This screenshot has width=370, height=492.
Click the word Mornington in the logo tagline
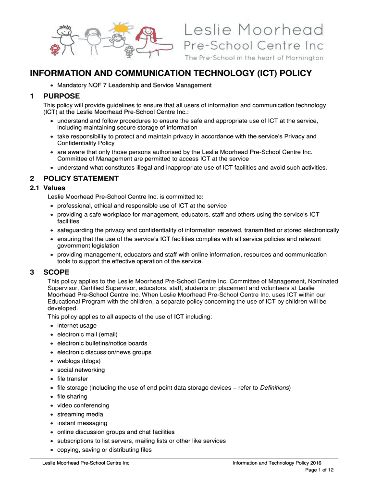point(301,58)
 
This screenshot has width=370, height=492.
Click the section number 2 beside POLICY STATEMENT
point(32,179)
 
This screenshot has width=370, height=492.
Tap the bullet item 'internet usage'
point(76,326)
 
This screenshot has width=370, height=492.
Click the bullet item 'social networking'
point(81,370)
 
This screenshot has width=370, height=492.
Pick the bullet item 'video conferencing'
point(83,406)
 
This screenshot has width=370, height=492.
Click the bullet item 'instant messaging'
point(82,423)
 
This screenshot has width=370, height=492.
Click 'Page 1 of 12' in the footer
point(320,470)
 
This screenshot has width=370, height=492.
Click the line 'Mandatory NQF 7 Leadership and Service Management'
point(134,86)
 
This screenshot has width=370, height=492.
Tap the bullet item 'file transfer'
point(72,379)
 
